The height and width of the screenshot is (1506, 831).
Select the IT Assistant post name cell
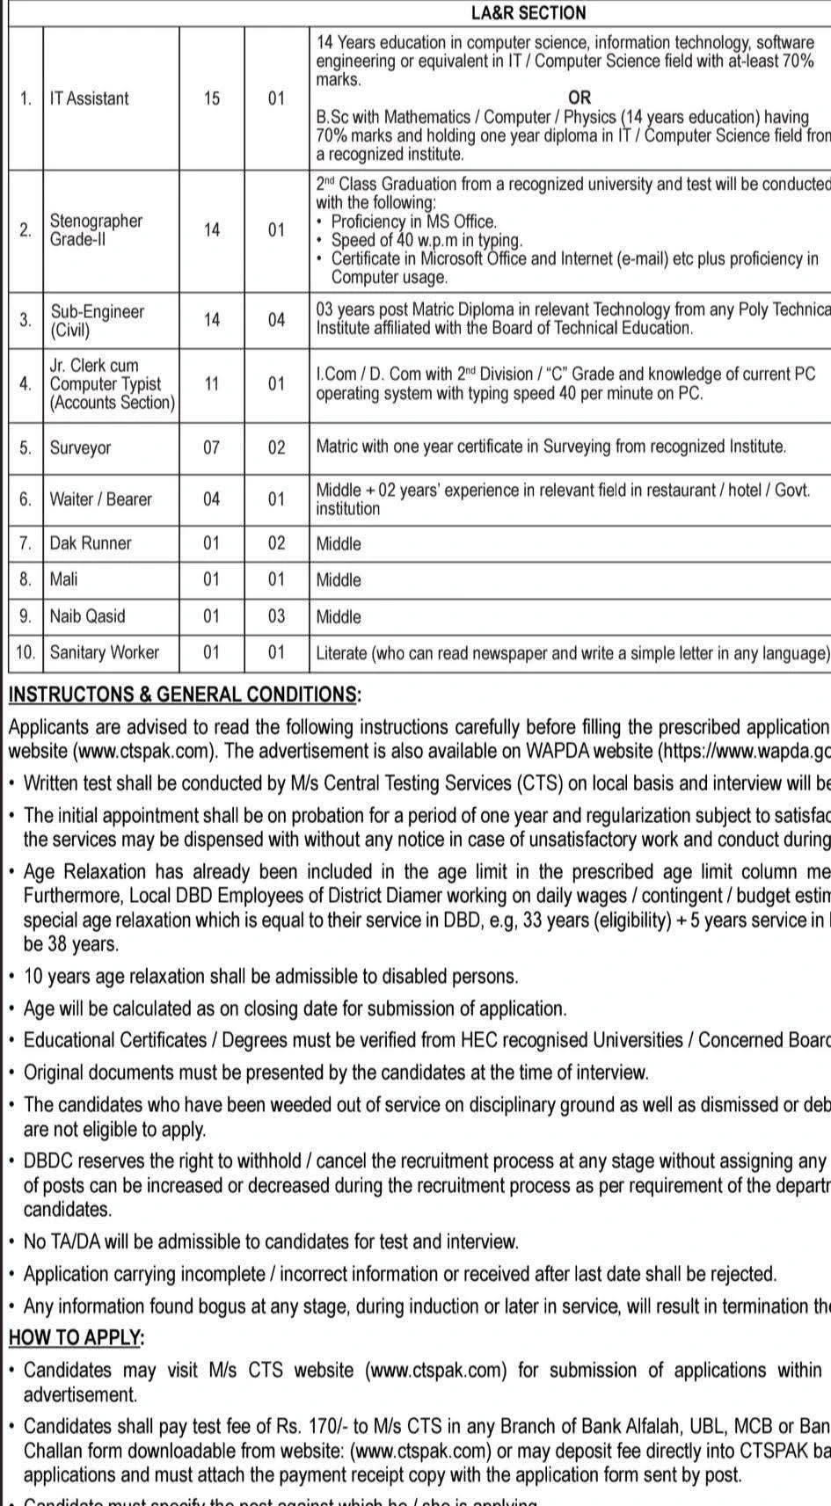pos(89,98)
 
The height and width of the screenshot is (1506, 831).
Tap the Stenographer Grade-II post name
pos(96,229)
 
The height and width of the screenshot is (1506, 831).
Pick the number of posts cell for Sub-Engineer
pos(277,320)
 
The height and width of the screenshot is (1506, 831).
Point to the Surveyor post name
pos(81,447)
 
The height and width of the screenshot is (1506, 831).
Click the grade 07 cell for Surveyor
pos(212,447)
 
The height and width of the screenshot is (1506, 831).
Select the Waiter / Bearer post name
pos(100,499)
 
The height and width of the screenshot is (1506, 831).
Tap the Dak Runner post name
pos(91,543)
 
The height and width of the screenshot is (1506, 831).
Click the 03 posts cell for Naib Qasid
pos(277,616)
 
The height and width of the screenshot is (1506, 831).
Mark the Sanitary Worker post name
pos(105,652)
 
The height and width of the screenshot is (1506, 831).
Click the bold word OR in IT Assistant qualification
pos(580,98)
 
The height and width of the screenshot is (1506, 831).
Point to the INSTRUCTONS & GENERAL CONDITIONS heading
pos(184,695)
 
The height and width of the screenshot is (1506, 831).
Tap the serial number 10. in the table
pos(26,652)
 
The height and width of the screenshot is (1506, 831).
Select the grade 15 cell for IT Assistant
pos(212,98)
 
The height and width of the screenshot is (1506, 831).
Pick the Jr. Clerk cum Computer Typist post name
pos(112,384)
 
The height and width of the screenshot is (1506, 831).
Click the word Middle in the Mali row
pos(339,580)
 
